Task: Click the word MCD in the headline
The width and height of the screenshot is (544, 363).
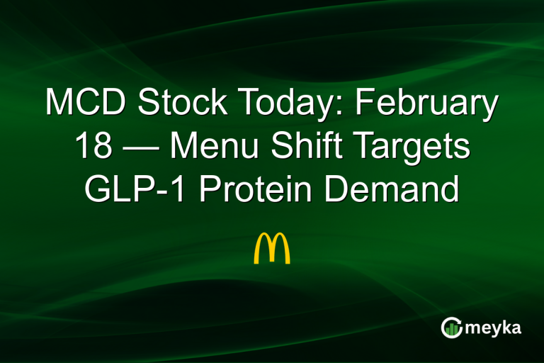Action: [x=86, y=105]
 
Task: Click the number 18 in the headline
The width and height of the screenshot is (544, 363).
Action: [x=92, y=147]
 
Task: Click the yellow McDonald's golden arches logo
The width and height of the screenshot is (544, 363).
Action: [x=272, y=248]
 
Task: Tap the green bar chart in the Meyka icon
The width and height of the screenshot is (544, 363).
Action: [x=451, y=328]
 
